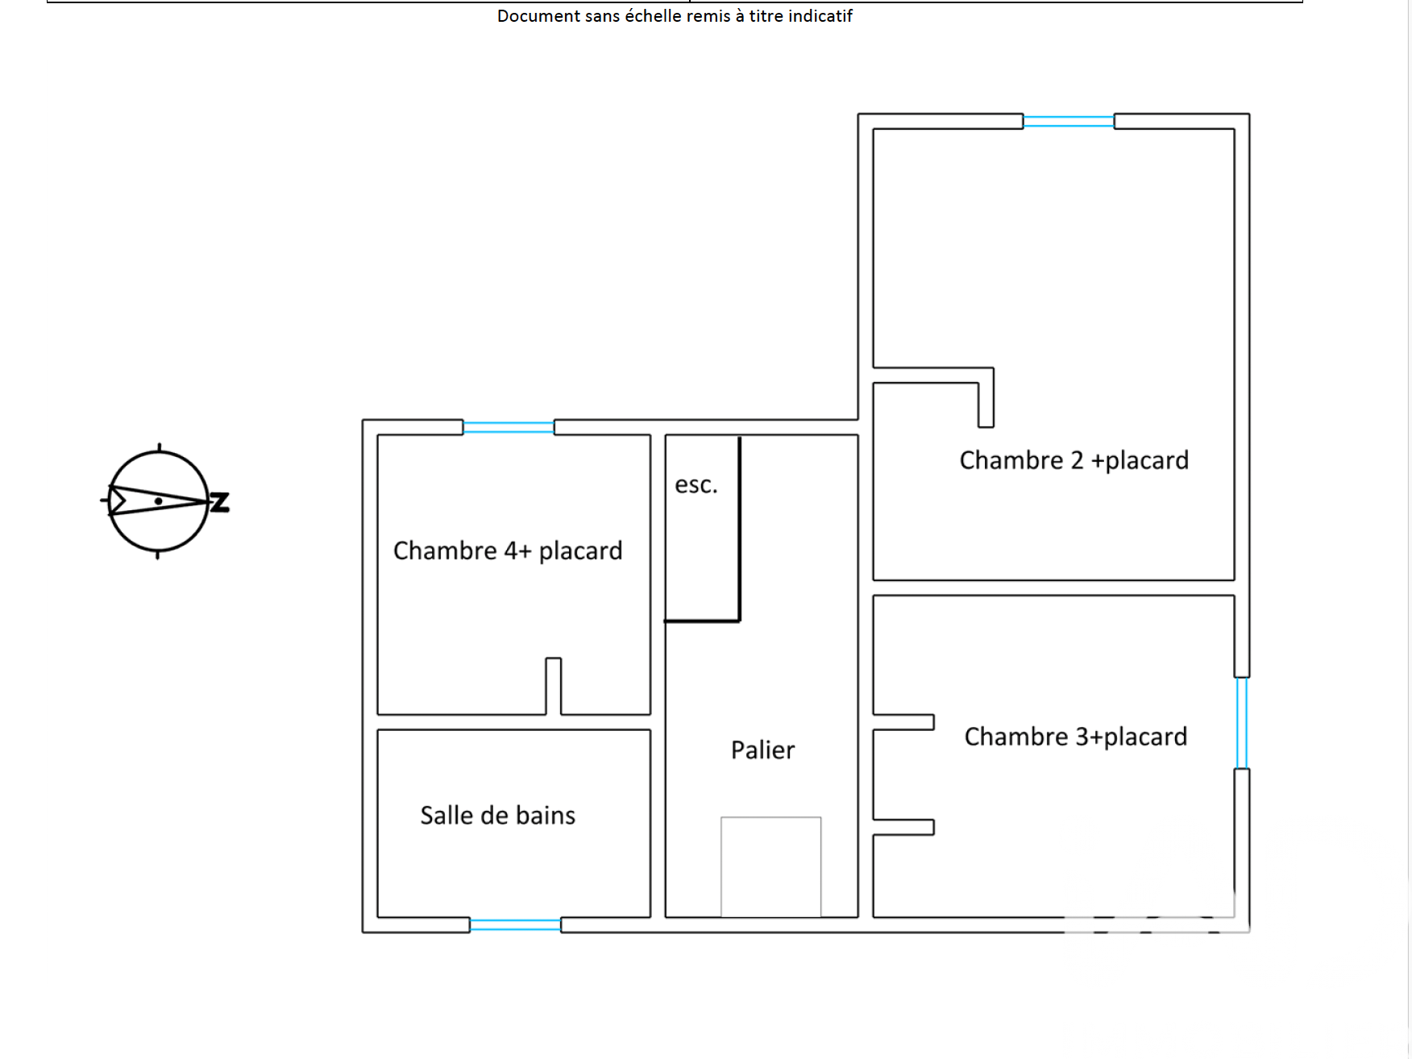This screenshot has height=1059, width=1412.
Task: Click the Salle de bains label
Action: tap(497, 816)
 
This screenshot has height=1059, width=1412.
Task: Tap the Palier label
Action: tap(762, 750)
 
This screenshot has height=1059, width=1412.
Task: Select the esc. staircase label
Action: tap(696, 485)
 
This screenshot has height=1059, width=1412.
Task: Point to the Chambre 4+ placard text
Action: tap(508, 550)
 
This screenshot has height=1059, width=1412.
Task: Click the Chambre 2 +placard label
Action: tap(1074, 460)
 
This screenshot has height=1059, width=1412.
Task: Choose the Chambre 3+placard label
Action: tap(1075, 737)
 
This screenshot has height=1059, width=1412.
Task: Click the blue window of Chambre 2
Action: tap(1069, 122)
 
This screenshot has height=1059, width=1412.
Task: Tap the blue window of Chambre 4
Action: tap(509, 427)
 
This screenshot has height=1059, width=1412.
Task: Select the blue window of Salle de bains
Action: tap(515, 925)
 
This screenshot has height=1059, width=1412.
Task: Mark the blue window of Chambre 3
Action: tap(1242, 723)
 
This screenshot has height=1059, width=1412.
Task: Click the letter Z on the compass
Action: tap(220, 502)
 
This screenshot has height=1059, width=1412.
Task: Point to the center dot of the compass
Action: tap(159, 501)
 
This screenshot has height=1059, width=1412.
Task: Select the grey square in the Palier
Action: tap(770, 866)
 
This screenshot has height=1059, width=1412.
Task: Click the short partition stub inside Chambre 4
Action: tap(554, 685)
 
